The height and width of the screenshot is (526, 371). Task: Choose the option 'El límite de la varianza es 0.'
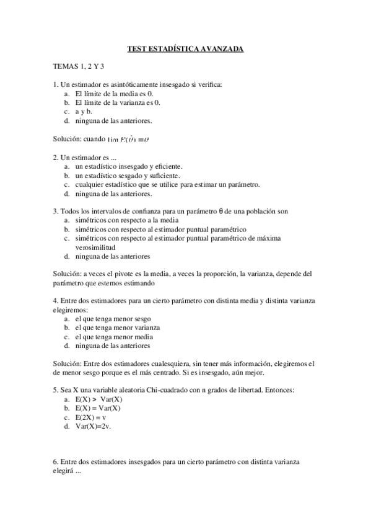(x=118, y=102)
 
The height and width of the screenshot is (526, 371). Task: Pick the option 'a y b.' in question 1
(x=85, y=111)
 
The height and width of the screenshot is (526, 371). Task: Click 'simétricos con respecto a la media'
(x=127, y=220)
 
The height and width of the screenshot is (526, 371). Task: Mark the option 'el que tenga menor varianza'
(x=118, y=328)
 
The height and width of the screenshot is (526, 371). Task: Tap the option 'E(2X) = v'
(x=91, y=417)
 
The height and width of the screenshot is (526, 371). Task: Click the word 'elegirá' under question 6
(x=64, y=471)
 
